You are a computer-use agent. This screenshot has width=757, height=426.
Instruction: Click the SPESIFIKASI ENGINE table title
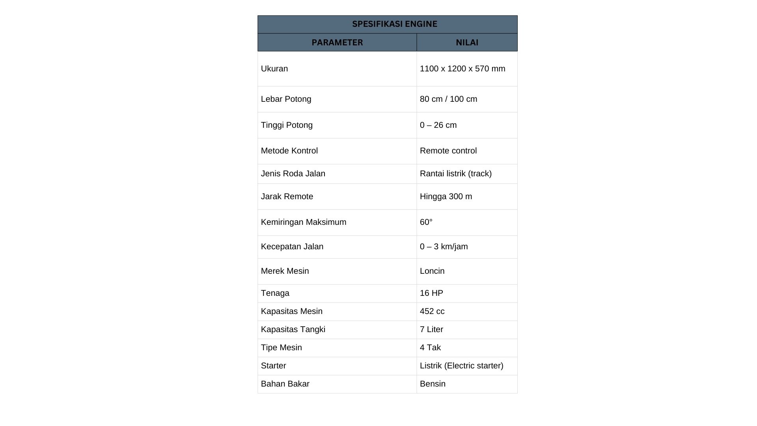(x=394, y=24)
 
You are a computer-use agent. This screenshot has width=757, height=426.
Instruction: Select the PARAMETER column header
(x=337, y=43)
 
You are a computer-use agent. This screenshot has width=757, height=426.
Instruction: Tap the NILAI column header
(x=467, y=43)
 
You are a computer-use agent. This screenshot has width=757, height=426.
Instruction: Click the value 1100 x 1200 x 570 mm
(x=462, y=69)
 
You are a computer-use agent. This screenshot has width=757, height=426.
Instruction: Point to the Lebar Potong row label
(x=286, y=99)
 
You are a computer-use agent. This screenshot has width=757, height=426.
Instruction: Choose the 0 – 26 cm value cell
(x=438, y=125)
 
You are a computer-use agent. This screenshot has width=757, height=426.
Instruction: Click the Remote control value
(x=448, y=151)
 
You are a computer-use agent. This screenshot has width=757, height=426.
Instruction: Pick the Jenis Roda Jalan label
(x=293, y=174)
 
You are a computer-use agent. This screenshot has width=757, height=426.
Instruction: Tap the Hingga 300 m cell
(x=446, y=196)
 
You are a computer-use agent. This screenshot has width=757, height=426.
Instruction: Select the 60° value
(x=426, y=222)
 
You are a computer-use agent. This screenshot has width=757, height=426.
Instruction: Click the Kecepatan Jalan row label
(x=292, y=247)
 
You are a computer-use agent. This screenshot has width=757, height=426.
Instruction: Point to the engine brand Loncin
(x=432, y=271)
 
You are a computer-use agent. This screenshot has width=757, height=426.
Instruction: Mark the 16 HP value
(x=431, y=293)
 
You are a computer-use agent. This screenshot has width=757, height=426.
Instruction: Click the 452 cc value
(x=432, y=311)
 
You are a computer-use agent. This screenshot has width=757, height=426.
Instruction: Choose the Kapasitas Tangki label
(x=293, y=329)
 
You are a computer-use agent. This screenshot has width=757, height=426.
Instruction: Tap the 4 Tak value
(x=430, y=348)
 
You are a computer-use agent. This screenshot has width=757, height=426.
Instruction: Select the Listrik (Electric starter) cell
(x=461, y=366)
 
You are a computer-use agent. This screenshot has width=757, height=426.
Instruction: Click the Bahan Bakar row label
(x=285, y=384)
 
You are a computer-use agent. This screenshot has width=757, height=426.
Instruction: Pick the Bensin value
(x=433, y=384)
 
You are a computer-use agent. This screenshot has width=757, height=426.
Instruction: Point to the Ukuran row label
(x=274, y=69)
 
